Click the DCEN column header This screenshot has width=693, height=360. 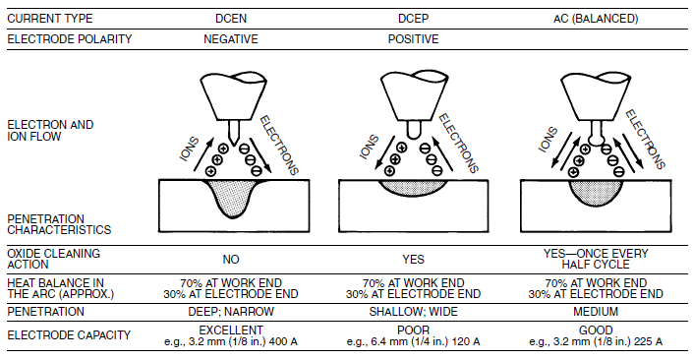coord(231,19)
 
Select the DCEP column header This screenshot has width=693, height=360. coord(413,19)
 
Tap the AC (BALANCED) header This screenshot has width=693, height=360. coord(596,19)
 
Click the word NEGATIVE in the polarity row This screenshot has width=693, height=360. coord(231,39)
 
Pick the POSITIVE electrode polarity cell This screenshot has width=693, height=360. coord(413,39)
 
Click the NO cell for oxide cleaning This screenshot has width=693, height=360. coord(231,259)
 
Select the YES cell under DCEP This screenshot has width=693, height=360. coord(413,259)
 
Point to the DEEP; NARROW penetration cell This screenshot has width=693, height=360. coord(231,312)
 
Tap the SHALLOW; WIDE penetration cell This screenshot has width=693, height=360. coord(413,312)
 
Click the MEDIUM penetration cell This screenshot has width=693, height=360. coord(596,312)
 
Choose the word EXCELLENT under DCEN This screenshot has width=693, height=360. coord(231,330)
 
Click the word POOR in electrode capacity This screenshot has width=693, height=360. coord(413,330)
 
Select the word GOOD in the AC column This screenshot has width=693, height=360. coord(596,330)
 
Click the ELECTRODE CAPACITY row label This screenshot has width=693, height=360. coord(69,335)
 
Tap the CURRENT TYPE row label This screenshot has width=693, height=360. coord(50,19)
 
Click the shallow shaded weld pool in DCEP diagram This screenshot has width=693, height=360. coord(413,187)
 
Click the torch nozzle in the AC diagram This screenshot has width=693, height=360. coord(595,97)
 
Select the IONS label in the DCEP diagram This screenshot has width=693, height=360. coord(370,147)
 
